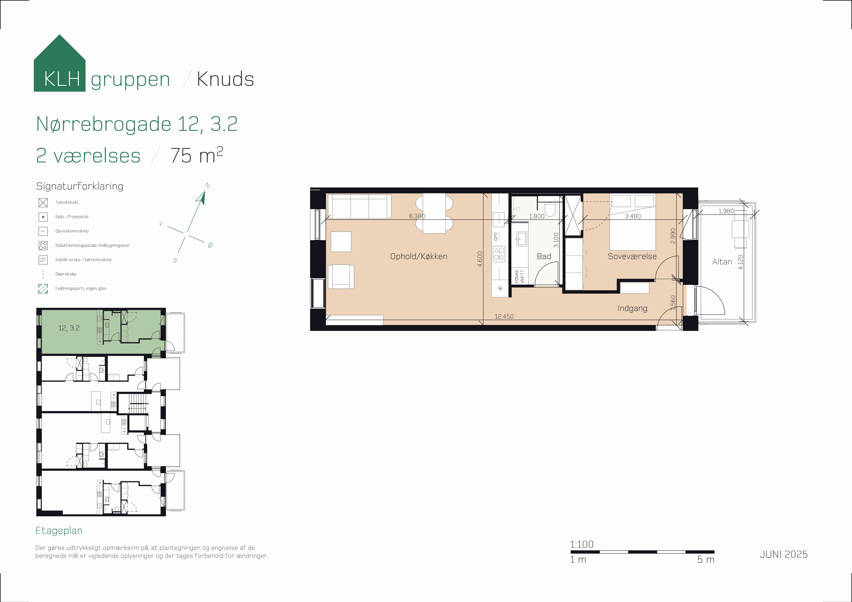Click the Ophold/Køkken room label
coord(419,256)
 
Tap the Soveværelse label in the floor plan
coord(632,256)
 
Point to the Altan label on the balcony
coord(722,262)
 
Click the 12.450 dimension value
coord(504,316)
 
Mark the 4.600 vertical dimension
coord(480,259)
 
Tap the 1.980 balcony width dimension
coord(726,211)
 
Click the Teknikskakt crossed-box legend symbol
coord(43,203)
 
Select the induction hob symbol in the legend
coord(43,246)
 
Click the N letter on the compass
coord(207,186)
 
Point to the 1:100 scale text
coord(581,544)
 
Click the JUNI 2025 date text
coord(783,554)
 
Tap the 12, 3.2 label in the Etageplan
coord(69,328)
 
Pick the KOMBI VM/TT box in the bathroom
coord(520,277)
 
